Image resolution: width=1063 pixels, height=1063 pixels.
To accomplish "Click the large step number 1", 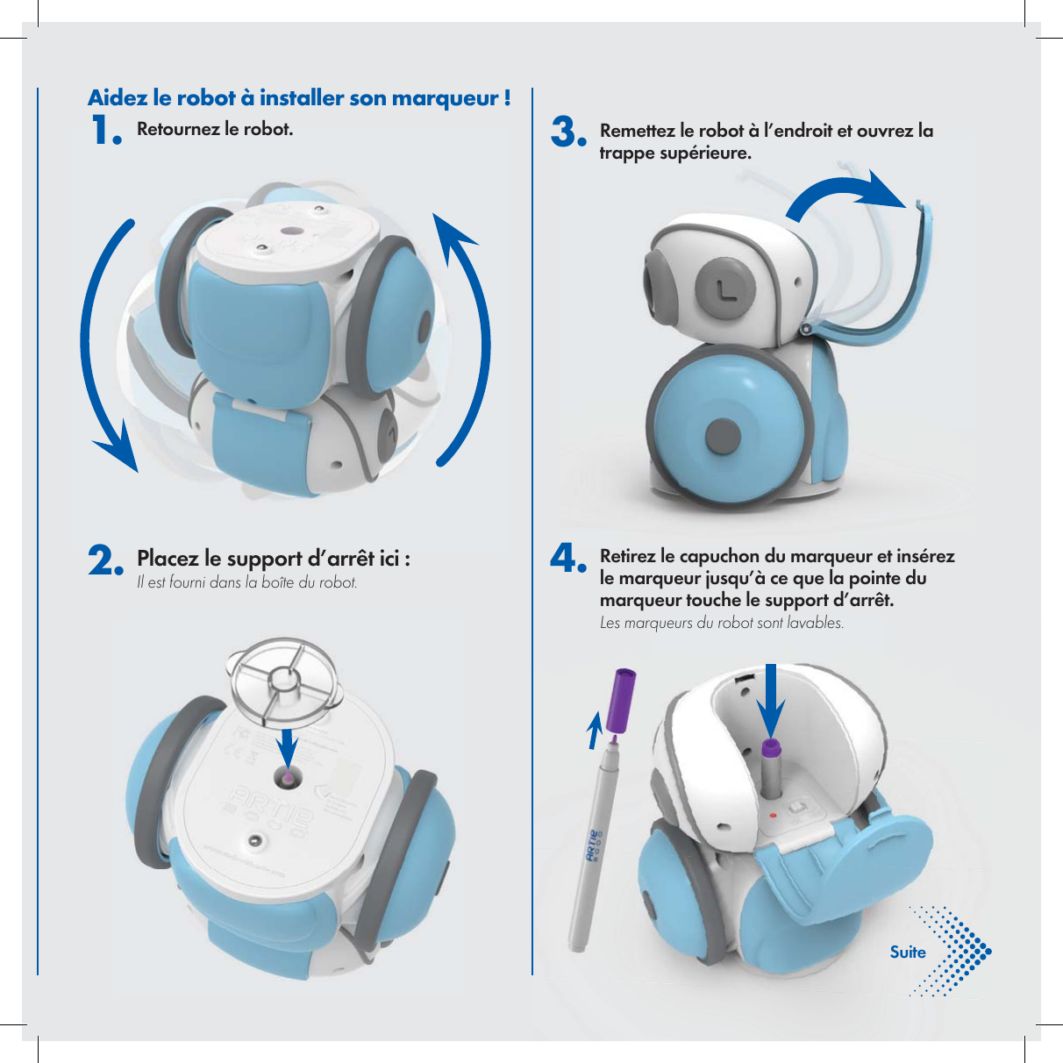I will [x=105, y=132].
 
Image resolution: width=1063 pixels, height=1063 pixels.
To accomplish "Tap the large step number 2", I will [x=105, y=561].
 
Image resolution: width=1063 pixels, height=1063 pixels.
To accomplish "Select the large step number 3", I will [x=567, y=134].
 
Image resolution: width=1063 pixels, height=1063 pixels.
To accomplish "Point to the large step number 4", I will [x=567, y=559].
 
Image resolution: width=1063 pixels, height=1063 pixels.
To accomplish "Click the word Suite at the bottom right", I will [x=908, y=952].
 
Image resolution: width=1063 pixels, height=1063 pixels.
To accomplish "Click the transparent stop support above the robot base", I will [x=282, y=681].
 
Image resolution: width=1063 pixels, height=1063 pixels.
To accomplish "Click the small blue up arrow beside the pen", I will [x=595, y=731].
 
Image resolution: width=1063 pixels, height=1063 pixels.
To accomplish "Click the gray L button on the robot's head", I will [x=725, y=286].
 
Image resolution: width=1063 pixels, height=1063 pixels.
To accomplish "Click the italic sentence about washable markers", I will [x=721, y=624].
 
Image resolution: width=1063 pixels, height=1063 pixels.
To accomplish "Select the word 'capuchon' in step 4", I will [x=720, y=556].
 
